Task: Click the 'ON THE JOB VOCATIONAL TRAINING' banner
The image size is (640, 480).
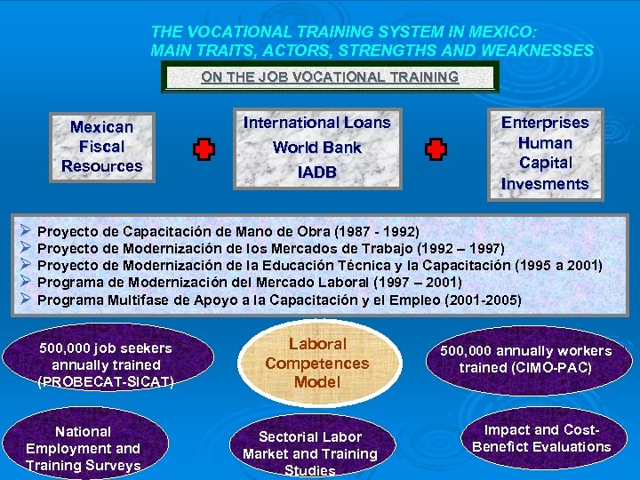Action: coord(330,77)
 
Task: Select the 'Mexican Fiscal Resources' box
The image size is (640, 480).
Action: coord(102,147)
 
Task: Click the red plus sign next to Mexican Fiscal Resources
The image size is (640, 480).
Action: coord(204,149)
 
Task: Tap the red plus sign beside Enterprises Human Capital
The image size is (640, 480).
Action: coord(436,149)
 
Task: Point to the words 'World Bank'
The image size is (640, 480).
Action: coord(317,148)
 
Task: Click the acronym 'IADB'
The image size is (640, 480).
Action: coord(317,172)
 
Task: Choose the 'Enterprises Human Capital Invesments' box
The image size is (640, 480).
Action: coord(545,153)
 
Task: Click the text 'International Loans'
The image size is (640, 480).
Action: coord(317,122)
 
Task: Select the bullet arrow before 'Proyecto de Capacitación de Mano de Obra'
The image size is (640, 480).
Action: coord(25,230)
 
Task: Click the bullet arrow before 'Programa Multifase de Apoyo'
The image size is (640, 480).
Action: coord(25,300)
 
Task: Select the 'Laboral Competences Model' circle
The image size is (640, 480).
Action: coord(317,363)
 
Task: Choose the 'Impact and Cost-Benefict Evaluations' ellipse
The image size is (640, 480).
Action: coord(541,438)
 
